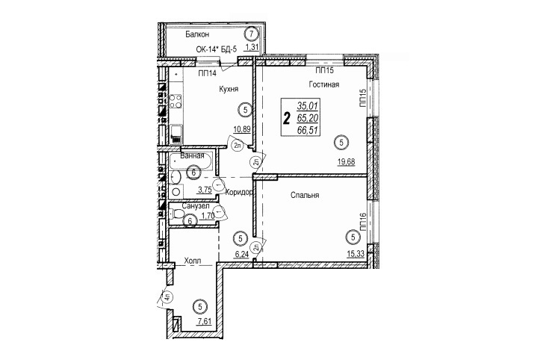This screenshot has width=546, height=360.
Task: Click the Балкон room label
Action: click(197, 34)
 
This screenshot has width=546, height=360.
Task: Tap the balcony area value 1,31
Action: click(252, 47)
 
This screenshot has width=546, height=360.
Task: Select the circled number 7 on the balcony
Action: click(252, 34)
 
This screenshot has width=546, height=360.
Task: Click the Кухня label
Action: click(229, 89)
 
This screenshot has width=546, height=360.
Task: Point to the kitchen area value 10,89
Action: click(242, 129)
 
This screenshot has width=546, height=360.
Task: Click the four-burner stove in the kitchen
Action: click(176, 101)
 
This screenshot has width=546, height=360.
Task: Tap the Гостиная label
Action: click(323, 84)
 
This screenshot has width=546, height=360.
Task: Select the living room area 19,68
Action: click(346, 161)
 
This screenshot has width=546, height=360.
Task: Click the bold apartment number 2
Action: click(287, 118)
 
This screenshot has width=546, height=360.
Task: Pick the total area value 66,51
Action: click(308, 130)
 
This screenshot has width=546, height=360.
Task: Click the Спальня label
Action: click(305, 196)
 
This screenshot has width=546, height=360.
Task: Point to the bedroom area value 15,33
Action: click(356, 254)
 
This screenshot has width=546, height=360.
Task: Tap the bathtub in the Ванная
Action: click(191, 161)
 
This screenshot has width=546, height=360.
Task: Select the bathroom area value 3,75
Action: click(205, 190)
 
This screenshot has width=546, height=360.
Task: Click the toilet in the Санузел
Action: click(179, 213)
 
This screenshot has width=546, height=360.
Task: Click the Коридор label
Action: click(238, 192)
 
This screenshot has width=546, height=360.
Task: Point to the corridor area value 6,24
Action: click(242, 254)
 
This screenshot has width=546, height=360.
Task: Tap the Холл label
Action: click(193, 260)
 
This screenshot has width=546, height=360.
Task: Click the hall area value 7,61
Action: click(205, 321)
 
